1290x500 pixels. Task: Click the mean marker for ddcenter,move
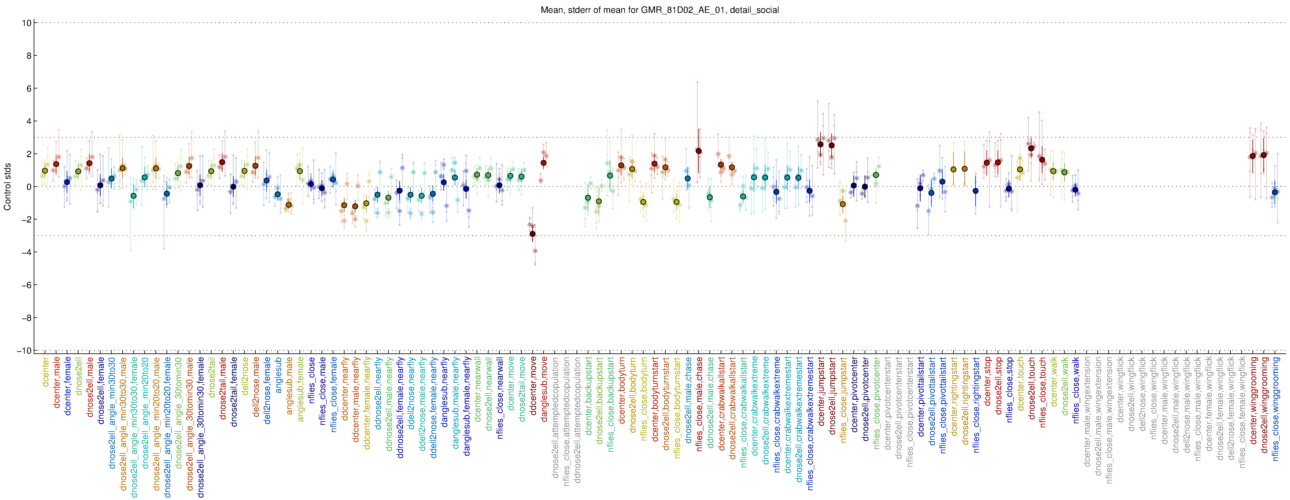pos(532,234)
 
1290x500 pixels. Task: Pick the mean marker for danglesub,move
pos(543,163)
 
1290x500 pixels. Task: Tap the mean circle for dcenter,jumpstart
pos(820,144)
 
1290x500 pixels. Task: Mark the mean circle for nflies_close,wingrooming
pos(1275,192)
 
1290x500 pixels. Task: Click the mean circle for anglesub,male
pos(289,205)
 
